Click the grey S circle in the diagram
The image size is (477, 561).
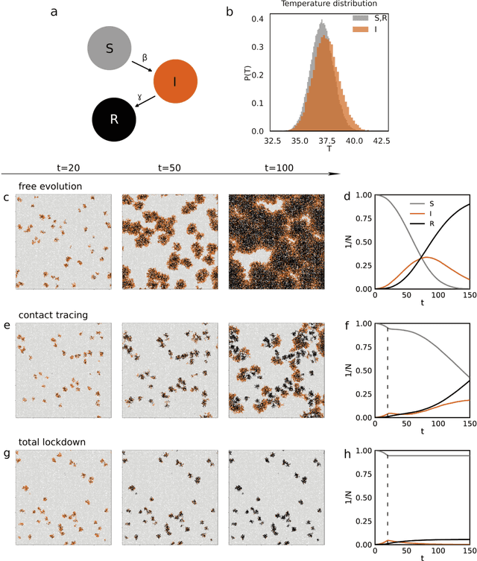tap(110, 48)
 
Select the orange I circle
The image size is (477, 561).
tap(174, 82)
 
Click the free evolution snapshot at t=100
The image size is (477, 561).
tap(276, 242)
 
